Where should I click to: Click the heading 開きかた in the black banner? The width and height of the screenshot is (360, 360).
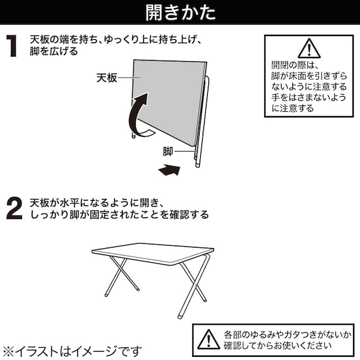click(179, 13)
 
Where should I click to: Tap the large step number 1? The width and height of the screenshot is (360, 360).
click(12, 47)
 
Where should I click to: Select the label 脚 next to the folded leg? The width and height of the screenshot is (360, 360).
click(167, 151)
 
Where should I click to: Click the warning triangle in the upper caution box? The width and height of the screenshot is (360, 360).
click(308, 48)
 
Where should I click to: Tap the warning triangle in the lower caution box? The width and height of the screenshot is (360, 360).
click(208, 339)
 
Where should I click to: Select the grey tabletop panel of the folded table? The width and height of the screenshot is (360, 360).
click(171, 95)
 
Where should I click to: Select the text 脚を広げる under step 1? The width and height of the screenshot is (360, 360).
click(54, 52)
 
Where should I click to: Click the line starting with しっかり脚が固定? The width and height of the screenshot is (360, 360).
click(119, 215)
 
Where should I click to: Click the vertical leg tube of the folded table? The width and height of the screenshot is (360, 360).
click(201, 126)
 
